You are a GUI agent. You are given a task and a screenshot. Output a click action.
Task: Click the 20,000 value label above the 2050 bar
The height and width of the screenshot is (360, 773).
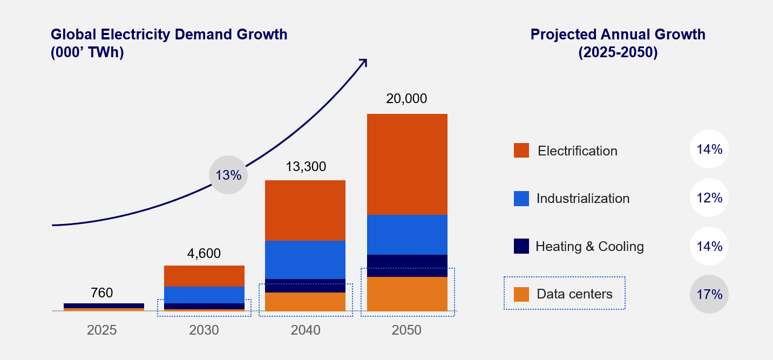point(406,99)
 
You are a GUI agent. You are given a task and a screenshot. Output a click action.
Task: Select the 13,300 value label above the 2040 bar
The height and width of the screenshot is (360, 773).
point(305,167)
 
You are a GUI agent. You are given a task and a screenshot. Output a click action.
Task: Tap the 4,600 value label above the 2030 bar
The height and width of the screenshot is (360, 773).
point(204,254)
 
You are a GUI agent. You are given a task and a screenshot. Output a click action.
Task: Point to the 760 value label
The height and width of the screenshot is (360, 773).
point(102,293)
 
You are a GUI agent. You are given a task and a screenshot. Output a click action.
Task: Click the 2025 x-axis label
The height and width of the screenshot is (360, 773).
point(102,330)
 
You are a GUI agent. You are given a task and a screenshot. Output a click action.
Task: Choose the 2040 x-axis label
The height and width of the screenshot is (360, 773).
point(305,330)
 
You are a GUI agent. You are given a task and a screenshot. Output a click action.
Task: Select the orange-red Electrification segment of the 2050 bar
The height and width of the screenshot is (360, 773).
point(407,164)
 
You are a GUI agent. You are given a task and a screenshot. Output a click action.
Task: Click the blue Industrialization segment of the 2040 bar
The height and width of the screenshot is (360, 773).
point(305,260)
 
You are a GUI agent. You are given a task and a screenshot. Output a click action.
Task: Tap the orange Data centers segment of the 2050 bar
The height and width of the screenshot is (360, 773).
point(407,294)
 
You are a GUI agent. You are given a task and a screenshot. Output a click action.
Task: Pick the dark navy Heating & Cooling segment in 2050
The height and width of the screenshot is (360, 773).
point(407,266)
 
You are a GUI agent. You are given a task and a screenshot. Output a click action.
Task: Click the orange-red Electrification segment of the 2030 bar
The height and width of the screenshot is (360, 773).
point(204,276)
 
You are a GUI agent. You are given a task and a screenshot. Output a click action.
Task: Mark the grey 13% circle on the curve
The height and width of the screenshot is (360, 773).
point(228,175)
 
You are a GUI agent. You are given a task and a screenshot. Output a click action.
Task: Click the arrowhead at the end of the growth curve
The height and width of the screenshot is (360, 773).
point(364,63)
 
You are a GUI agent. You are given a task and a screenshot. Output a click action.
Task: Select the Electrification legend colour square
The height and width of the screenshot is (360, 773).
point(521,151)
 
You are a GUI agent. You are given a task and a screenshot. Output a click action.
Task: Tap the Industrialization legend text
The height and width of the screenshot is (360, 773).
point(583,199)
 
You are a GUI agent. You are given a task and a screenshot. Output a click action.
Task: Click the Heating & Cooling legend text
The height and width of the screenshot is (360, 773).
point(589,247)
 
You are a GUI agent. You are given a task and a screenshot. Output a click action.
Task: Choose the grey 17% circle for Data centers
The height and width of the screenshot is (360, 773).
point(709,294)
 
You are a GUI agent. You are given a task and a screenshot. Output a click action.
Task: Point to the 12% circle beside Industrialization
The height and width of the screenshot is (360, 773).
point(709,198)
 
